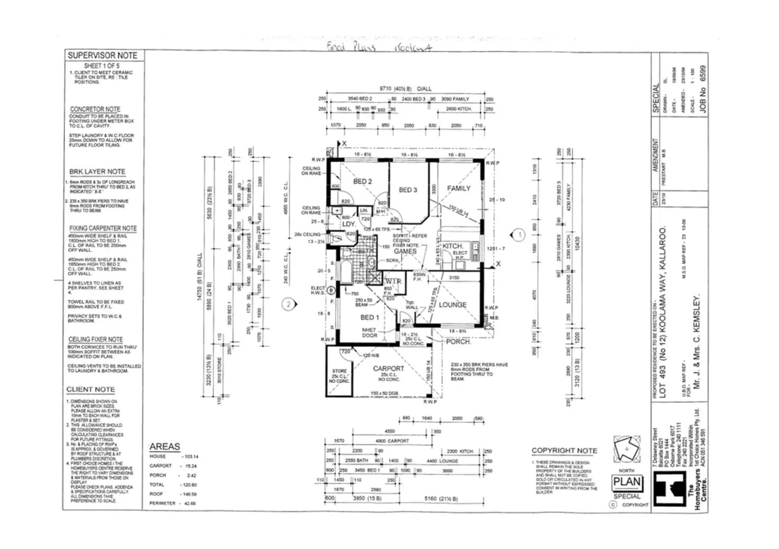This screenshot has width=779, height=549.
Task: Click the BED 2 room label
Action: [363, 182]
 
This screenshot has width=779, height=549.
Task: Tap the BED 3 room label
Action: [408, 190]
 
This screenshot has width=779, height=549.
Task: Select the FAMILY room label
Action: [458, 188]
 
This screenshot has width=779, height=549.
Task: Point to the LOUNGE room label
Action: [452, 305]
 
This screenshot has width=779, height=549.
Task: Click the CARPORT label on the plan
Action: [388, 368]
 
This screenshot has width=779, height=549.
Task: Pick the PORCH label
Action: [458, 342]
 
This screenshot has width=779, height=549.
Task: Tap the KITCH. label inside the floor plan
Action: [453, 247]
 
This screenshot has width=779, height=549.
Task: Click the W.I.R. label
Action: [393, 281]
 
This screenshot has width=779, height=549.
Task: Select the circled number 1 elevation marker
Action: [519, 235]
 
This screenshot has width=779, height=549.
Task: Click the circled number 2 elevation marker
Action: [289, 304]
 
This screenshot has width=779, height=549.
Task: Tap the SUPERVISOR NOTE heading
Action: [102, 56]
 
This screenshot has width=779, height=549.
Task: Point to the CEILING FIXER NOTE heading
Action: [95, 339]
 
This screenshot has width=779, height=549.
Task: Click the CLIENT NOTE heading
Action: [90, 390]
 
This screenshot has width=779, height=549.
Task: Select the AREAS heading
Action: [165, 447]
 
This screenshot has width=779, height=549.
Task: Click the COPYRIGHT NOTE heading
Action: [564, 451]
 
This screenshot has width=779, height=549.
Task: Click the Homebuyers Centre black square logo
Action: [671, 488]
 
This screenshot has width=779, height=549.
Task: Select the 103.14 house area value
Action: [190, 456]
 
